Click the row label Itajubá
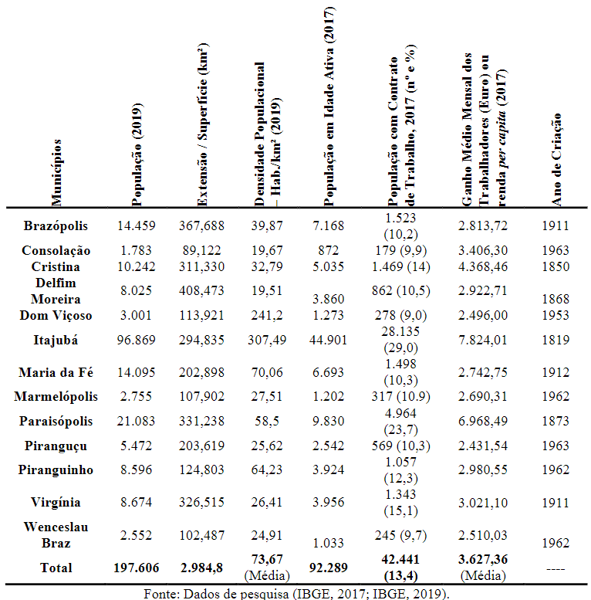pyautogui.click(x=56, y=341)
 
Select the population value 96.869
pyautogui.click(x=136, y=341)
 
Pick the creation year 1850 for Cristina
pyautogui.click(x=556, y=266)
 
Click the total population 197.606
pyautogui.click(x=136, y=568)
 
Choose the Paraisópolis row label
pyautogui.click(x=56, y=421)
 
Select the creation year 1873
pyautogui.click(x=556, y=421)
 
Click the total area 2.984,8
pyautogui.click(x=202, y=568)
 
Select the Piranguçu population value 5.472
pyautogui.click(x=136, y=446)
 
